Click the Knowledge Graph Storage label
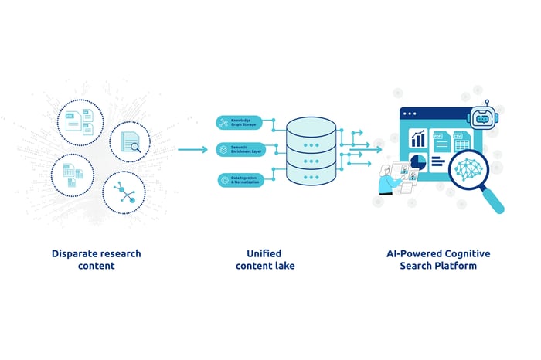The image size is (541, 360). pos(240,123)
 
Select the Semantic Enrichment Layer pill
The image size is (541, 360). pos(240,150)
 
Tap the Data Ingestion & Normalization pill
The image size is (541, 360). pos(240,179)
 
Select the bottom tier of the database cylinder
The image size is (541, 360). pos(311,175)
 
